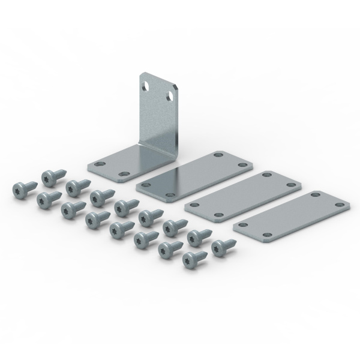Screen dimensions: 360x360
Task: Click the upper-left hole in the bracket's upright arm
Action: (x=146, y=86)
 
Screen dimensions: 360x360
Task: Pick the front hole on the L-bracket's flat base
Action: (x=124, y=175)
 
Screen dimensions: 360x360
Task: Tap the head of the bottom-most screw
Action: (x=191, y=259)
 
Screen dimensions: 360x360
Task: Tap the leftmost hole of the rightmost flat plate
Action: (x=242, y=224)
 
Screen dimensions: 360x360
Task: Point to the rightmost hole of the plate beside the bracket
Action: (x=242, y=164)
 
